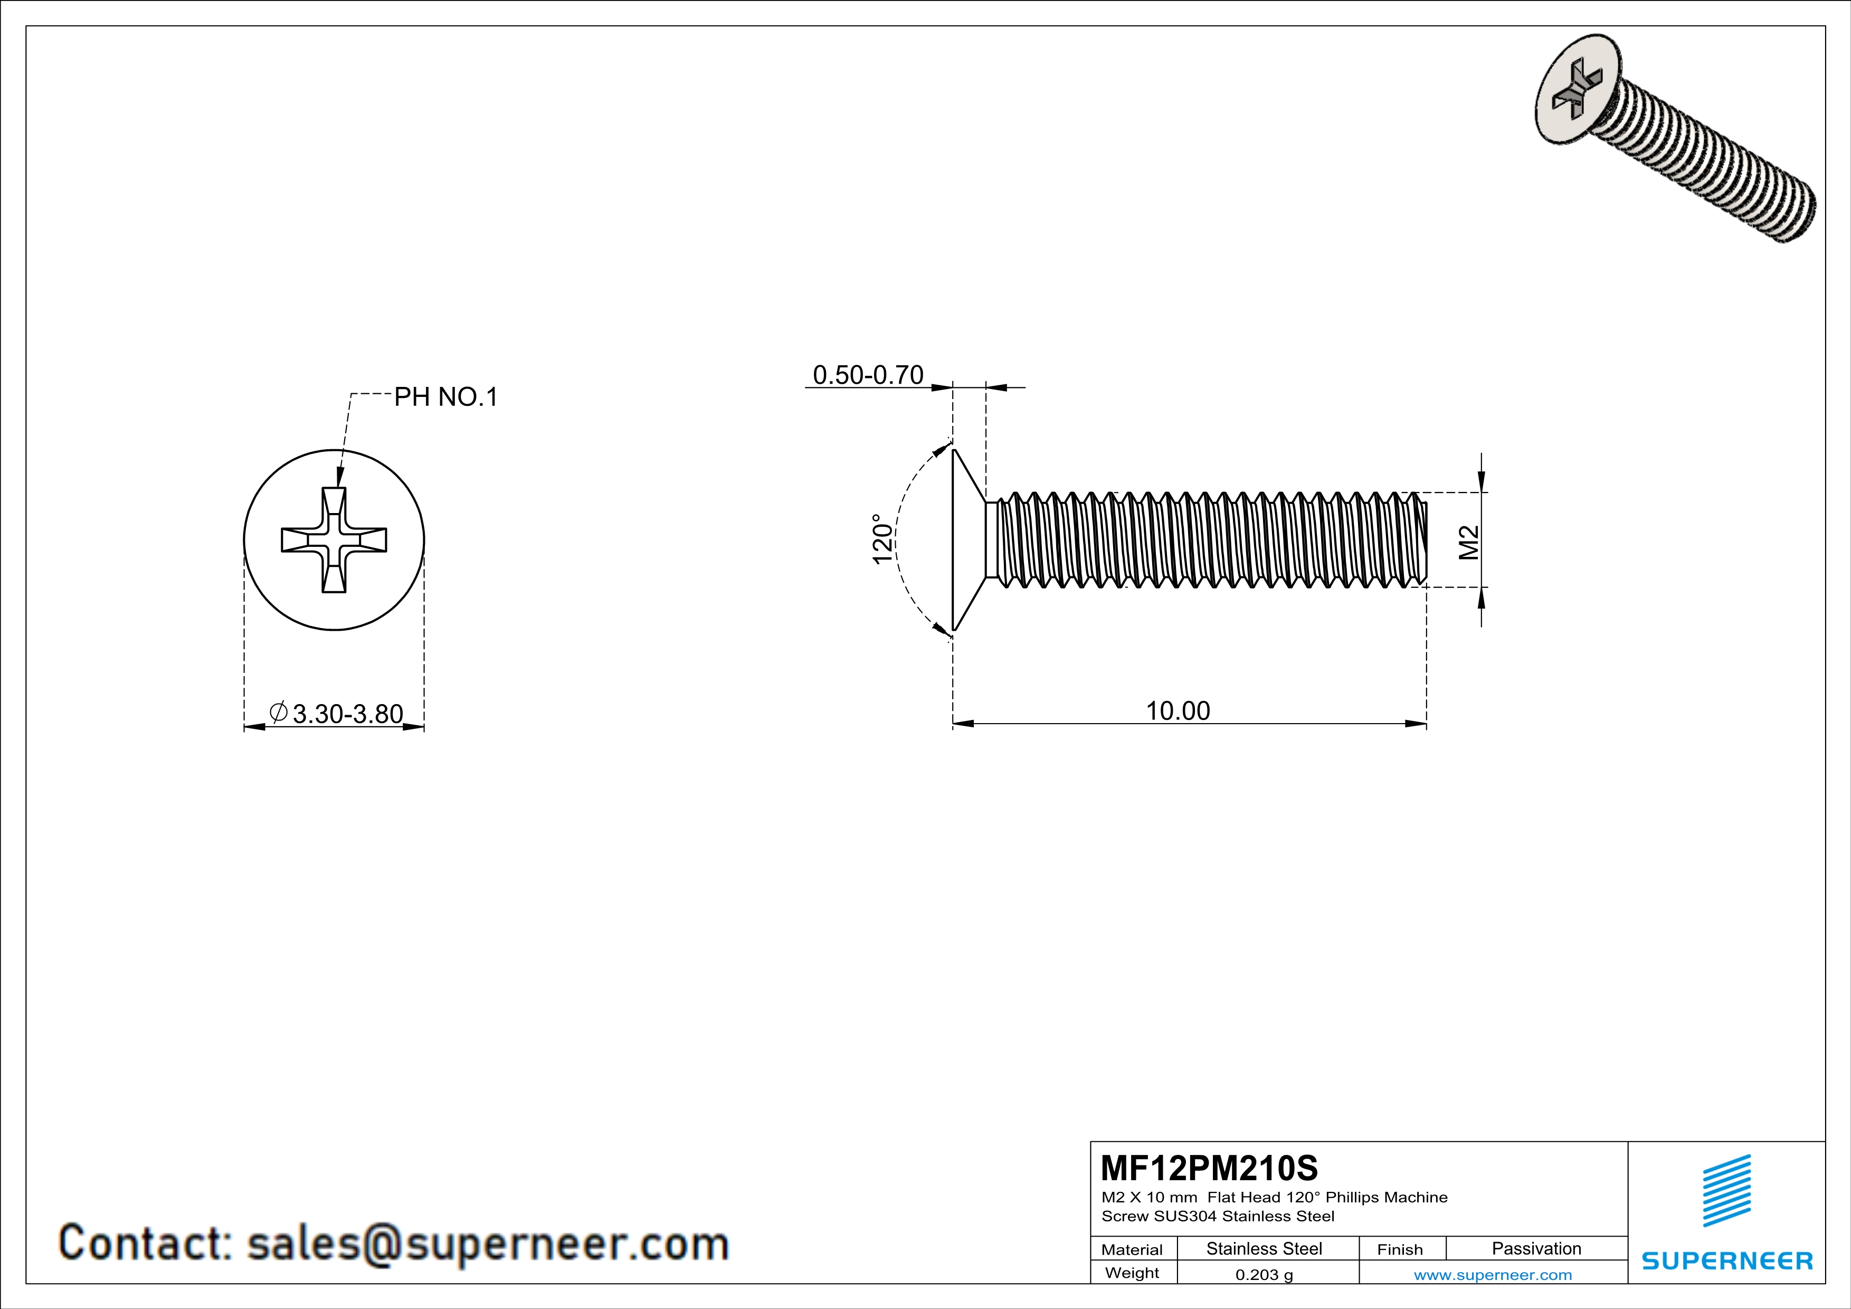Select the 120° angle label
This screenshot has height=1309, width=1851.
(x=883, y=539)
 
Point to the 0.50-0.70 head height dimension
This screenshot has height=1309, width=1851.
(x=868, y=375)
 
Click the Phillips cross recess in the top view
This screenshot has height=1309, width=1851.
(x=334, y=540)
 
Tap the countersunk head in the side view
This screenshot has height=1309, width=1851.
(x=967, y=539)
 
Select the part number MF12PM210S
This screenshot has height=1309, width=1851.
(x=1209, y=1167)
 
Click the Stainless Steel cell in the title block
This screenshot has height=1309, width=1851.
(x=1263, y=1248)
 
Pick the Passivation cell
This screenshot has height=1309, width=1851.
(x=1536, y=1248)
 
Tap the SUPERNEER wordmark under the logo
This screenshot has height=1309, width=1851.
(x=1727, y=1260)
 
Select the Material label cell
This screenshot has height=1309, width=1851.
(x=1132, y=1249)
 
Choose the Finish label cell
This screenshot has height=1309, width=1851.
(x=1400, y=1249)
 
